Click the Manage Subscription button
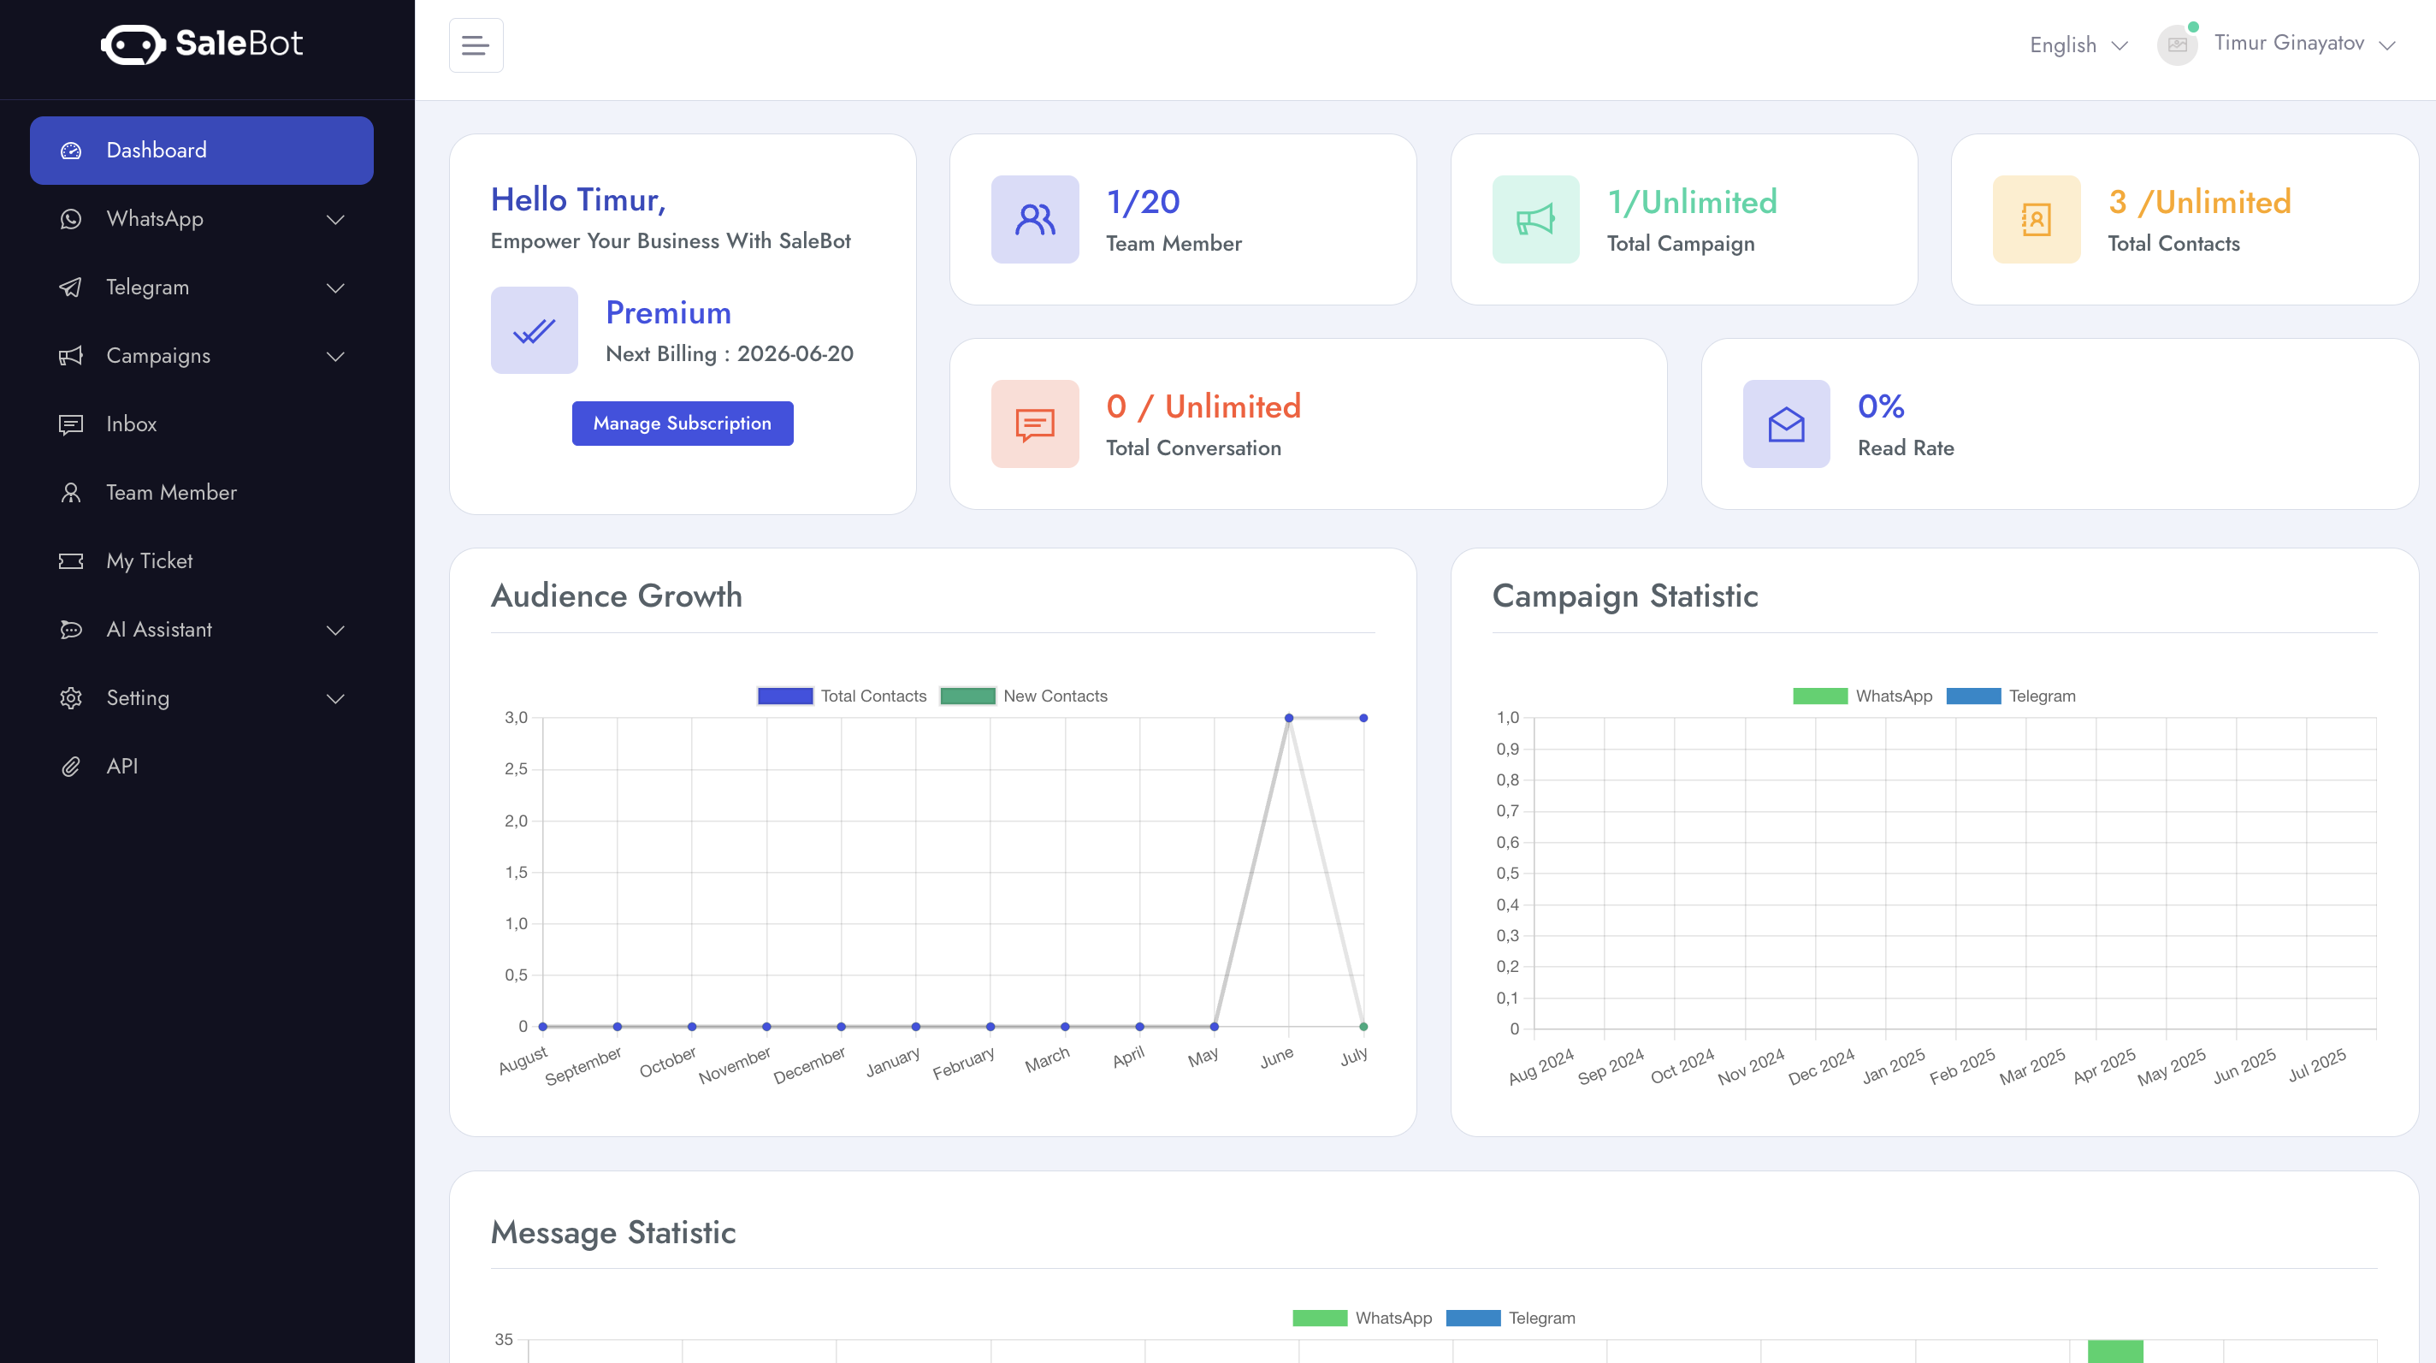682,423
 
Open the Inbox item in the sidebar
131,424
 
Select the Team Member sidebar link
170,492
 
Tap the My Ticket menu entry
149,561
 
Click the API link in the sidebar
121,766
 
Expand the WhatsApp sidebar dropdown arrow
334,219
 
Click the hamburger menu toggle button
476,44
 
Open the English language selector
2078,44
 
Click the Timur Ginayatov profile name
2289,43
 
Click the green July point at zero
1363,1026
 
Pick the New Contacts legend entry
1023,696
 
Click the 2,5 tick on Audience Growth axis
516,769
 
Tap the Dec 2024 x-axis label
1820,1066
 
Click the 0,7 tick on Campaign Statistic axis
1507,810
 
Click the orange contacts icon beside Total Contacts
2036,219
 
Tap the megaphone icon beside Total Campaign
1534,219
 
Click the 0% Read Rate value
1880,406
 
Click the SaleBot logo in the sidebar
201,44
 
